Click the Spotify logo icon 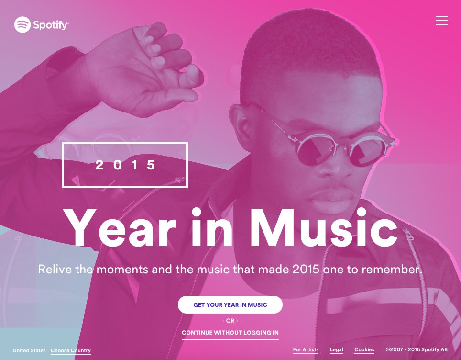(x=22, y=25)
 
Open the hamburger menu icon (x=442, y=21)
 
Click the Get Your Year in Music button (x=230, y=304)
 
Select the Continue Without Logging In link (x=230, y=333)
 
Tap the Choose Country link (x=71, y=350)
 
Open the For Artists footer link (x=306, y=349)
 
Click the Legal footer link (x=336, y=349)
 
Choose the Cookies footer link (x=364, y=349)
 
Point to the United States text (x=29, y=350)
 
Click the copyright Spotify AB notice (x=417, y=349)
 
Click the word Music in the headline (x=323, y=228)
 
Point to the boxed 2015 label (x=125, y=165)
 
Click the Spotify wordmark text (x=51, y=25)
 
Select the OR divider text (x=230, y=320)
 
